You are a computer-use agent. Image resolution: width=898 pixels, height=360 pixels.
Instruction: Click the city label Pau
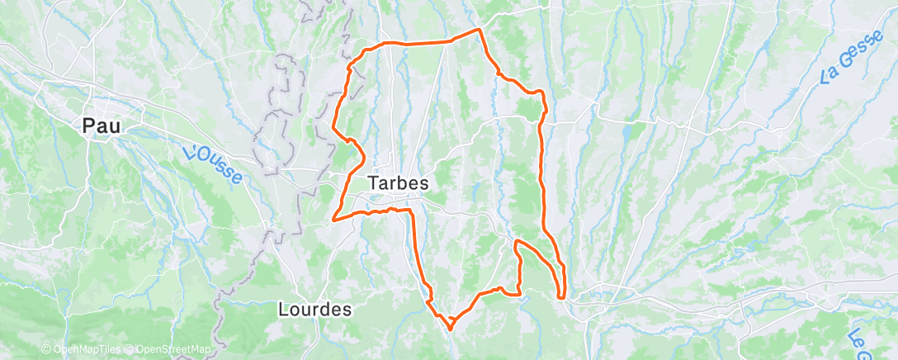coord(102,127)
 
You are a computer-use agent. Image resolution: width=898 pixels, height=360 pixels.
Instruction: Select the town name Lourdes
coord(315,310)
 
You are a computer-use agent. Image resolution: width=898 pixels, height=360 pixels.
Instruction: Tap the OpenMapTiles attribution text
coord(84,350)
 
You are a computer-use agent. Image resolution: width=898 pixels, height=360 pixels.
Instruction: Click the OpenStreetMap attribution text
coord(173,350)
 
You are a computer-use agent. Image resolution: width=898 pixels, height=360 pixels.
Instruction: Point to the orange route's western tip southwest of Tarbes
coord(333,220)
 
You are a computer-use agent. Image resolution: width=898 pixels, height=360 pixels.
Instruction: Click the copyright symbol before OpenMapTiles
coord(45,350)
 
